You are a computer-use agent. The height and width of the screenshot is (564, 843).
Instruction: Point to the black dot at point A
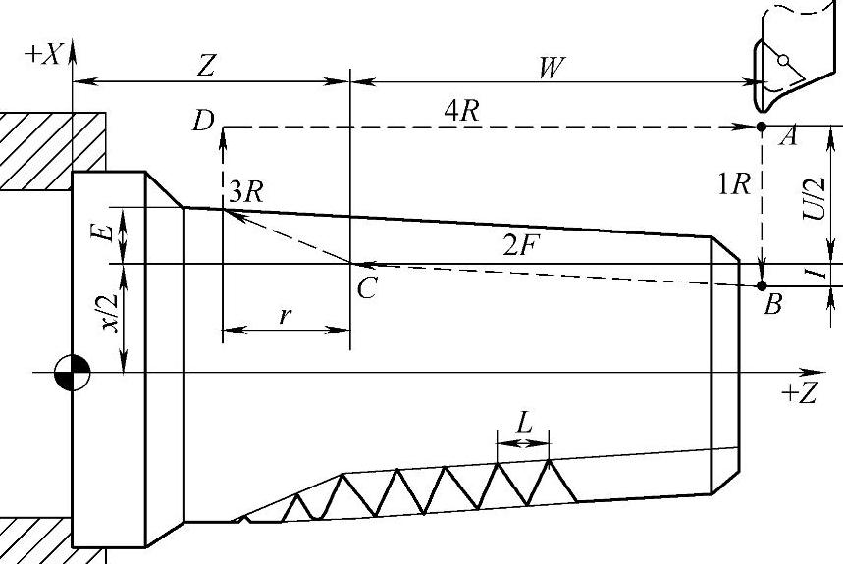pyautogui.click(x=762, y=128)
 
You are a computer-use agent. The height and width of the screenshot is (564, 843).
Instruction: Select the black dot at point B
pyautogui.click(x=762, y=285)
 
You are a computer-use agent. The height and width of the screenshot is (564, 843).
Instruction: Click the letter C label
pyautogui.click(x=366, y=288)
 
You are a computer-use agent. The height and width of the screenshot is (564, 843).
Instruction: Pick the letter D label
pyautogui.click(x=203, y=122)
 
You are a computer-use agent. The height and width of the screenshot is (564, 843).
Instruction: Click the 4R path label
pyautogui.click(x=461, y=111)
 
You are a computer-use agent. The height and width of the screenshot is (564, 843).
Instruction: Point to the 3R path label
pyautogui.click(x=244, y=192)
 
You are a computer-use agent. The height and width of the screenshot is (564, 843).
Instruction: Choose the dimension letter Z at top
pyautogui.click(x=206, y=66)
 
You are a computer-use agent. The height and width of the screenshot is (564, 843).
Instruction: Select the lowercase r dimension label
pyautogui.click(x=285, y=316)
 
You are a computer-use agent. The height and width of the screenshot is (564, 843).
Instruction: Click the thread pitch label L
pyautogui.click(x=524, y=425)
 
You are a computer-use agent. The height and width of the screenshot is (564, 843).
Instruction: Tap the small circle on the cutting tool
pyautogui.click(x=782, y=61)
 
